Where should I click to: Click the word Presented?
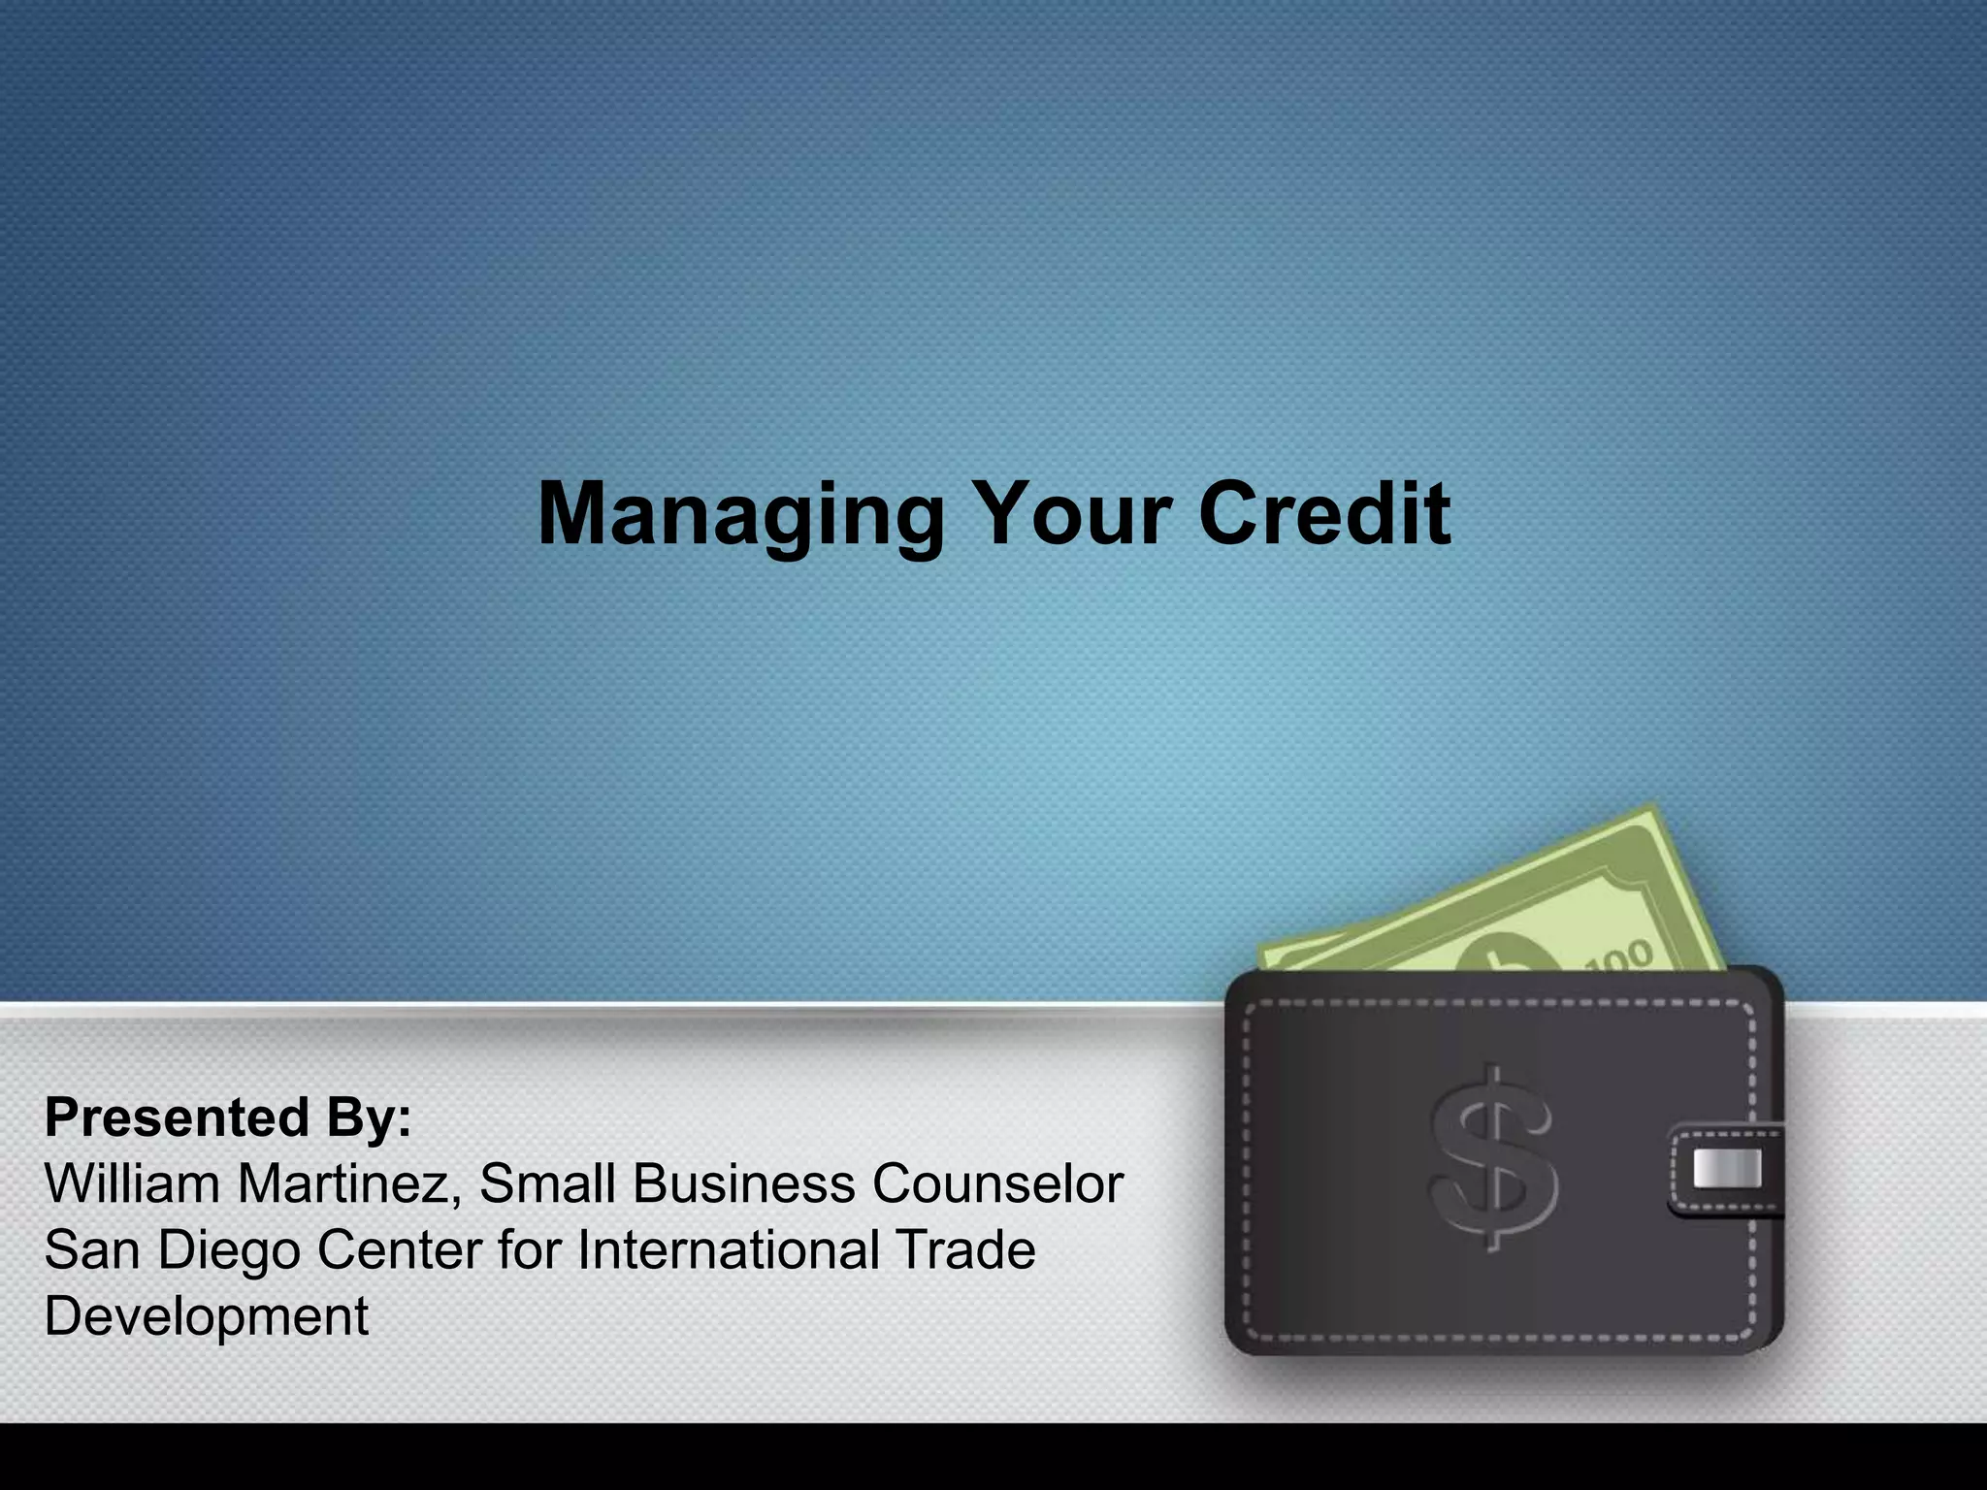point(176,1117)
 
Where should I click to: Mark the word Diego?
point(229,1251)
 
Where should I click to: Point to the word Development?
point(207,1316)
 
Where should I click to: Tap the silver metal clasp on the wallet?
point(1726,1169)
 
